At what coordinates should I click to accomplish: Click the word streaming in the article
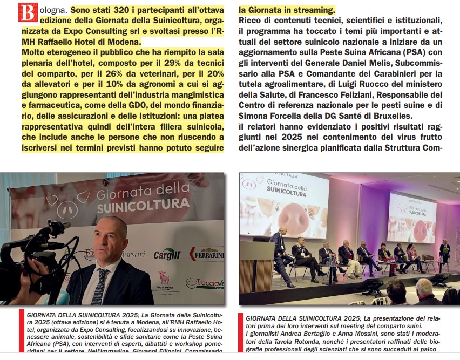(x=308, y=10)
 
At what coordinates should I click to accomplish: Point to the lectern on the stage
(x=256, y=267)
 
